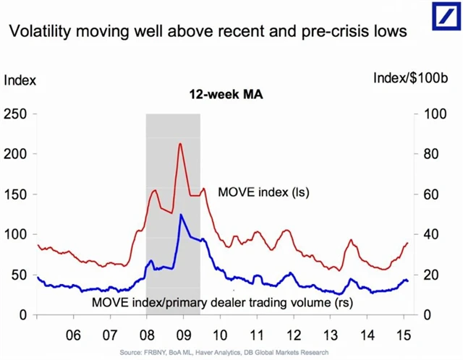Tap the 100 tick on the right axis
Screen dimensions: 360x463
click(x=432, y=113)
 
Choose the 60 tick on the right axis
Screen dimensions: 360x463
click(x=429, y=194)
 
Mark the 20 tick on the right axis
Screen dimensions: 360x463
click(x=429, y=275)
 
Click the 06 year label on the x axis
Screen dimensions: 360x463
click(x=73, y=336)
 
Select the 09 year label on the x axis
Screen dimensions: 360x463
click(x=183, y=336)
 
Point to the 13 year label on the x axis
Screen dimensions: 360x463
click(x=331, y=336)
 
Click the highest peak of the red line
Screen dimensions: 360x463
click(x=179, y=144)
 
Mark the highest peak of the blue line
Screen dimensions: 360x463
click(x=181, y=215)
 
